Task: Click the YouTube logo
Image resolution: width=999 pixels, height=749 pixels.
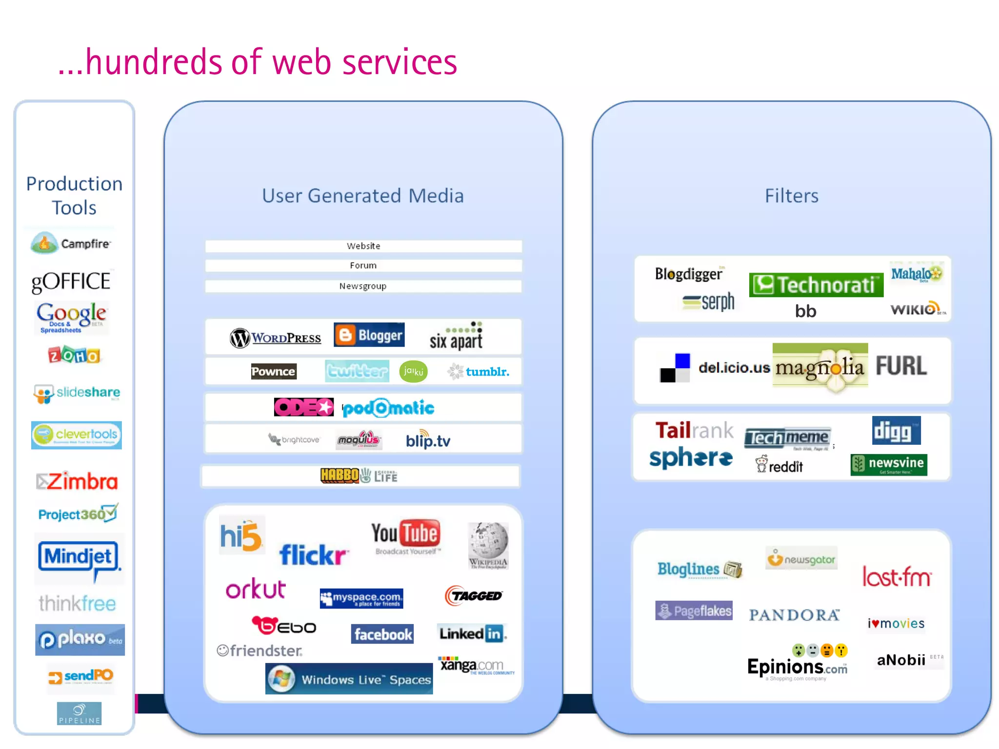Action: [x=406, y=536]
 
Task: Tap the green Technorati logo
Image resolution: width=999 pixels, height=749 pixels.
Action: [x=816, y=285]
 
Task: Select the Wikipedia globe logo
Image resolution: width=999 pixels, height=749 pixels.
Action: [x=488, y=545]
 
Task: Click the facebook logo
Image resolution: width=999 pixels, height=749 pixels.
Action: [x=382, y=634]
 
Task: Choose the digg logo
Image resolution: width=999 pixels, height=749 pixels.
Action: [x=896, y=431]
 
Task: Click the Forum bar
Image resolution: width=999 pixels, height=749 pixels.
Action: [x=363, y=266]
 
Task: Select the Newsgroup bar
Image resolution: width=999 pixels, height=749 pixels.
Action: [x=363, y=286]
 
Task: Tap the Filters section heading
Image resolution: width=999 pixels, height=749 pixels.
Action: [x=791, y=196]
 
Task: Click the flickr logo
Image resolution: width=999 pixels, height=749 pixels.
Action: [x=313, y=555]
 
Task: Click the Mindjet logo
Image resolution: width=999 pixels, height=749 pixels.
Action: [x=79, y=557]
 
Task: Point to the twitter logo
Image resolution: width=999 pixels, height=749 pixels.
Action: [x=357, y=372]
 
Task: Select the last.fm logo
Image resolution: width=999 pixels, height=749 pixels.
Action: [x=897, y=577]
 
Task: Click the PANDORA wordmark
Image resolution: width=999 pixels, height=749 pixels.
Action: [x=794, y=615]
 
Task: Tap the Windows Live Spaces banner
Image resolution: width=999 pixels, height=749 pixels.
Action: [x=349, y=679]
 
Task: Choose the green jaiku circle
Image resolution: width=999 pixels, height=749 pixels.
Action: [x=413, y=372]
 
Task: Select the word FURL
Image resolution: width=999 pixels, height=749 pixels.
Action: [x=901, y=366]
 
